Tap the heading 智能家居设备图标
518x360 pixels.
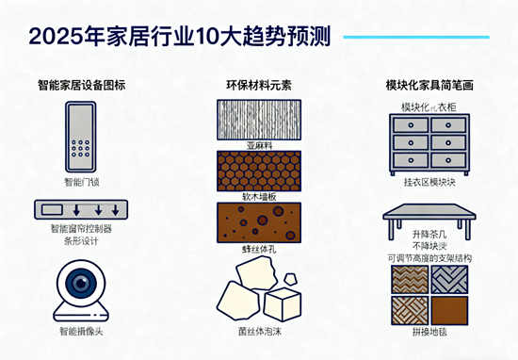coord(81,85)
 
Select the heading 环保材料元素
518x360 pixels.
coord(259,85)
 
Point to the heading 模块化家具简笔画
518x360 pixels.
coord(429,85)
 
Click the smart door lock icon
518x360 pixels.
coord(82,137)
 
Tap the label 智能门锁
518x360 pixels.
coord(81,182)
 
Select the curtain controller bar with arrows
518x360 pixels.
coord(82,210)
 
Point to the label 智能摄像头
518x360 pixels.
coord(81,331)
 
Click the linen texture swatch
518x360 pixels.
coord(259,120)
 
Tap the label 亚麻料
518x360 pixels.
coord(259,147)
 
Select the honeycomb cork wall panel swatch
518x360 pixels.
coord(259,172)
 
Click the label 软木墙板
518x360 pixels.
coord(259,197)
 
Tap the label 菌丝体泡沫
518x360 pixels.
coord(259,332)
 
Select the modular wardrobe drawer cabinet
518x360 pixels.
coord(429,142)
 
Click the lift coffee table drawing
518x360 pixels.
coord(429,220)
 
